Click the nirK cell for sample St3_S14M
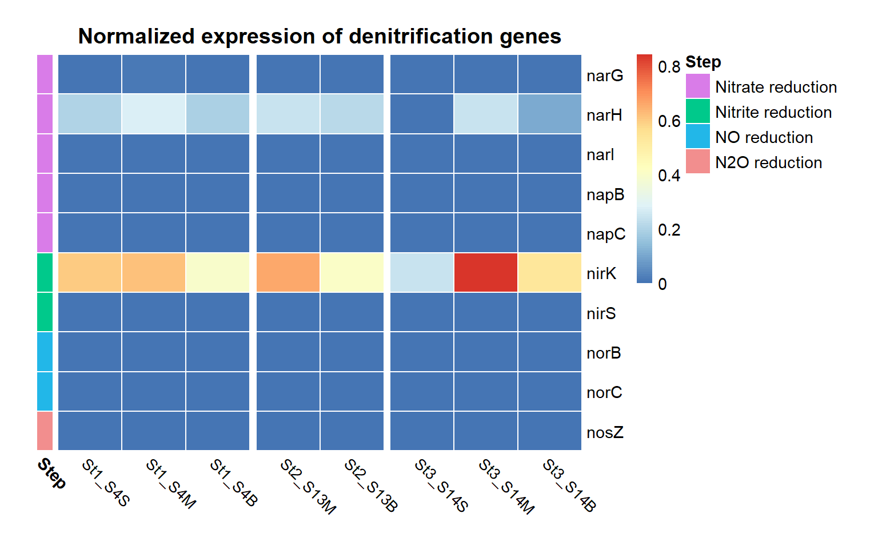pos(486,273)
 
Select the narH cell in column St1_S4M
pos(153,114)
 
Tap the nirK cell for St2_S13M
pos(288,273)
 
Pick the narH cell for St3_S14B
pos(549,114)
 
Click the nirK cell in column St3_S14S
pos(422,273)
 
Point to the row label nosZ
pos(605,432)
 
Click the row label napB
pos(605,194)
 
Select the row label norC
pos(604,393)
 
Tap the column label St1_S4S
pos(106,483)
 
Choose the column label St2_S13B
pos(370,486)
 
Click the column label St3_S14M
pos(506,487)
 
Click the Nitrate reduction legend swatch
pos(697,86)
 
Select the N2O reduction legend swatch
pos(697,162)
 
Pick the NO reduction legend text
pos(764,137)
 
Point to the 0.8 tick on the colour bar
pos(669,67)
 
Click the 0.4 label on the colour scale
pos(669,176)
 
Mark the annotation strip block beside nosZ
pos(45,431)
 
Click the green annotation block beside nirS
pos(45,312)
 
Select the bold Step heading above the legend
pos(703,62)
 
